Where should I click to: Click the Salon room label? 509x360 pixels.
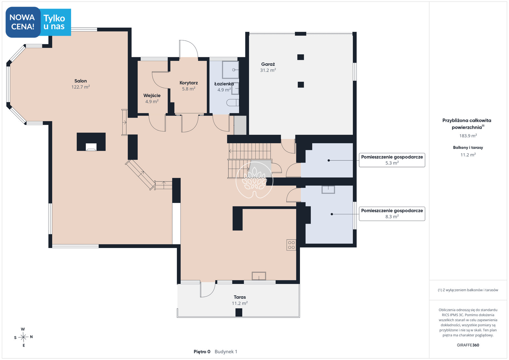coord(80,81)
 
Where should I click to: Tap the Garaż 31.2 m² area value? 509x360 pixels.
coord(268,70)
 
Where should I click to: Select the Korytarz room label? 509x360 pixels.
coord(189,83)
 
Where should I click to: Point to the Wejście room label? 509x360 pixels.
coord(152,95)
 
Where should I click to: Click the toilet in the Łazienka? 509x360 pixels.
coord(233,103)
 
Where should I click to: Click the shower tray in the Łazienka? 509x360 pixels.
coord(231,70)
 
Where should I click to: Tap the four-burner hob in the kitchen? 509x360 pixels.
coord(291,245)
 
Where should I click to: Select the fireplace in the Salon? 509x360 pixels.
coord(91,142)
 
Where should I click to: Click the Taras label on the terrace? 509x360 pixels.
coord(240,297)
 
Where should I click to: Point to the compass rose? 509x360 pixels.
coord(23,337)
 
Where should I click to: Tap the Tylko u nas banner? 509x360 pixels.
coord(54,22)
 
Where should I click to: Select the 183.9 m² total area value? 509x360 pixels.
coord(468,135)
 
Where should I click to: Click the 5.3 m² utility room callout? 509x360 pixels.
coord(392,160)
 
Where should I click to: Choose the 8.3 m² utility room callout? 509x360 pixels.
coord(392,214)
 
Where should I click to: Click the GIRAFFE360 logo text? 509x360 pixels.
coord(468,345)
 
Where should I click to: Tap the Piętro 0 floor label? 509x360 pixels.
coord(202,352)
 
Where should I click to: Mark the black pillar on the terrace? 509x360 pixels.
coord(239,313)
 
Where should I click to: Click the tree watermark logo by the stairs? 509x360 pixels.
coord(254,180)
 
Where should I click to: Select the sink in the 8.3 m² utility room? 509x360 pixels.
coord(328,190)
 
